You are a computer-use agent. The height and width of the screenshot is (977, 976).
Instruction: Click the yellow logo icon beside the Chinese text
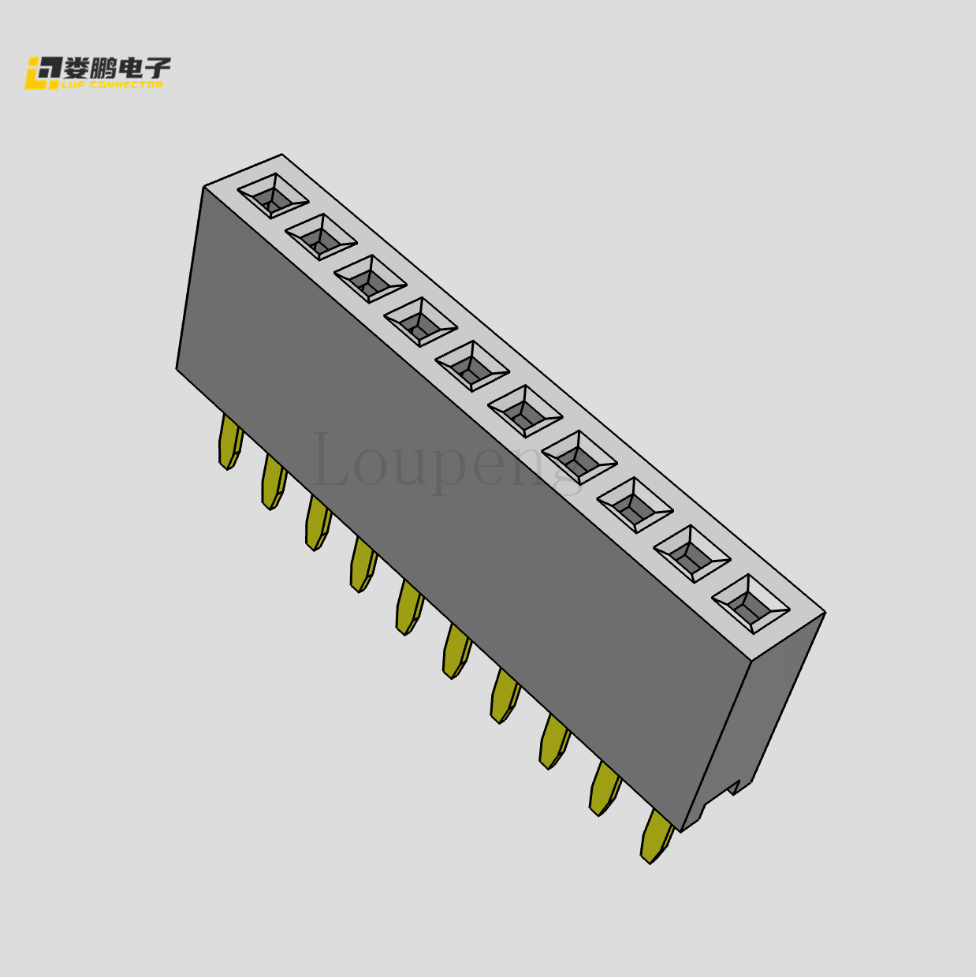pos(43,73)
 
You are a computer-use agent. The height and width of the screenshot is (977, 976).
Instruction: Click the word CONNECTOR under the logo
pos(125,84)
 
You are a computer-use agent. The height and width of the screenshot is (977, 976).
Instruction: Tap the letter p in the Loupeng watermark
pos(449,469)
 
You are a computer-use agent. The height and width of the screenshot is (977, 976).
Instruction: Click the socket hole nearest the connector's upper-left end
pos(273,196)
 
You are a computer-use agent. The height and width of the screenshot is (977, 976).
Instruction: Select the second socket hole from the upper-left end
pos(321,237)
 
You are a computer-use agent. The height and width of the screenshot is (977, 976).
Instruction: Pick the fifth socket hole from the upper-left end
pos(471,366)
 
